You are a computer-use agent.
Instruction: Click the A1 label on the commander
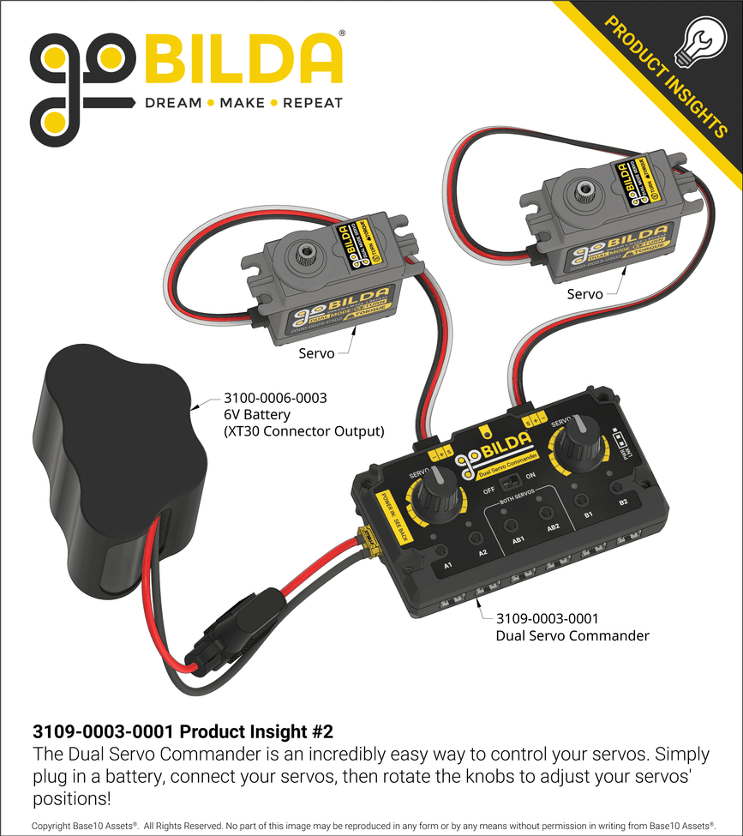447,567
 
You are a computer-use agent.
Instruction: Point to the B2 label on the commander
624,502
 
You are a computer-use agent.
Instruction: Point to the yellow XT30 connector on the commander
369,540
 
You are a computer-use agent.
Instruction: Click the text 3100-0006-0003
275,399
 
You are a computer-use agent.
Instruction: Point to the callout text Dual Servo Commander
572,635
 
